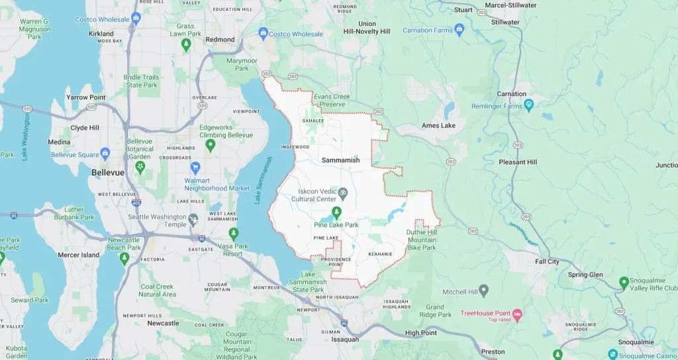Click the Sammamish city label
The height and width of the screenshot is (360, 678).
coord(342,161)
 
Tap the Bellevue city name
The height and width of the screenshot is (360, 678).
coord(107,172)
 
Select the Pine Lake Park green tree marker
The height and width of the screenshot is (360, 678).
coord(336,212)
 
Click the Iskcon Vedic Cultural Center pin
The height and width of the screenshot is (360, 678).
coord(343,193)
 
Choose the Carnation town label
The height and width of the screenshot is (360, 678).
coord(512,94)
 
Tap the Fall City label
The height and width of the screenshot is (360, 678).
coord(548,262)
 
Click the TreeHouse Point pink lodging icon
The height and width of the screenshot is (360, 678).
coord(518,313)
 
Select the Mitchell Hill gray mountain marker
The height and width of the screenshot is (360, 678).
coord(484,290)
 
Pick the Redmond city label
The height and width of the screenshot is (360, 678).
coord(220,40)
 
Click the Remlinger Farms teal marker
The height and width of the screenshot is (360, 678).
coord(529,106)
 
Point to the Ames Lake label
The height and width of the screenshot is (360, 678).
coord(438,126)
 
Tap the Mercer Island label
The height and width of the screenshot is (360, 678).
coord(78,255)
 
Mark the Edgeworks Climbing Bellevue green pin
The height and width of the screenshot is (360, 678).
coord(211,144)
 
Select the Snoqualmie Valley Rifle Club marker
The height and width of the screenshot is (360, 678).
coord(624,283)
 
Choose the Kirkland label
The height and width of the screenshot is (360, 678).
coord(101,33)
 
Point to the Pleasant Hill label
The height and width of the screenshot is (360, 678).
coord(518,162)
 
